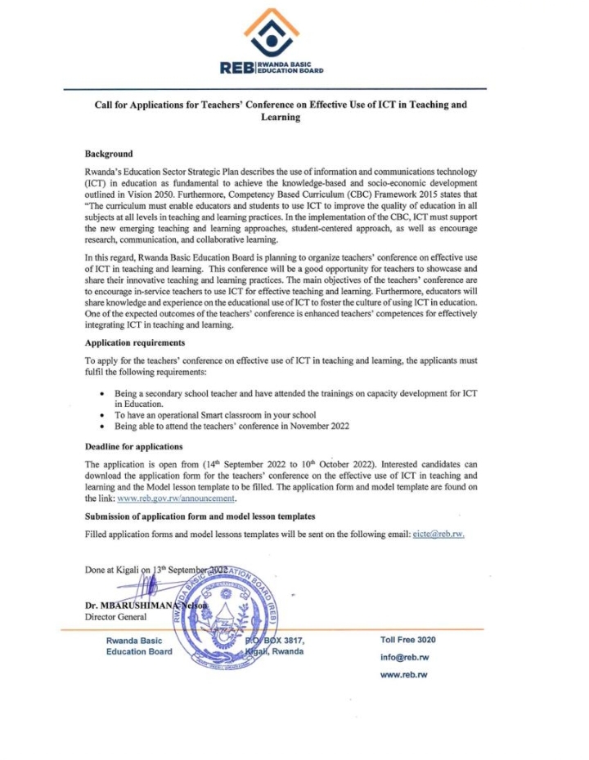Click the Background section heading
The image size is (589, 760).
click(109, 154)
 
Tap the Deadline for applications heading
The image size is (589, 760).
click(133, 447)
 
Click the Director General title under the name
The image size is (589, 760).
click(113, 617)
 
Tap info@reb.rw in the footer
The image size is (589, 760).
click(405, 657)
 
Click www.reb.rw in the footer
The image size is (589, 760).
click(404, 675)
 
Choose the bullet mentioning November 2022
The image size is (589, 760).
click(220, 427)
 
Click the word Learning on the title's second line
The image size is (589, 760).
click(281, 118)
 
